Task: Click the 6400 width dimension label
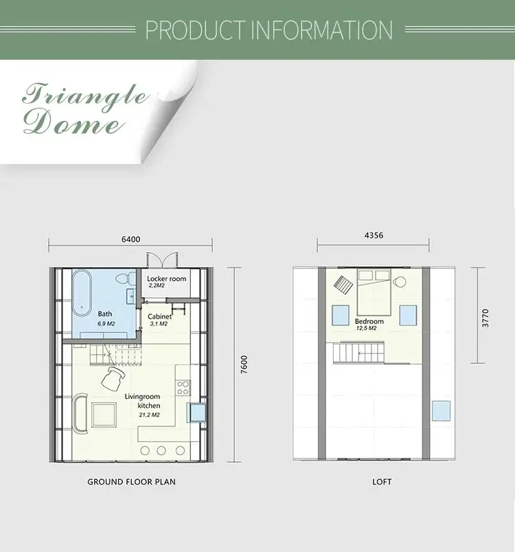point(131,240)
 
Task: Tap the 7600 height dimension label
point(244,365)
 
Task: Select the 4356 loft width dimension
point(374,235)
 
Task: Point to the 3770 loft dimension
point(485,318)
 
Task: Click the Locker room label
point(166,279)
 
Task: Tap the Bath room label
point(105,314)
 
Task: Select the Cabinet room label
point(160,317)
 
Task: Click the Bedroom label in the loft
point(369,321)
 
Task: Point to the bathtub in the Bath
point(82,293)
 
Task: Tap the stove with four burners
point(183,388)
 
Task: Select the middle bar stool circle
point(161,450)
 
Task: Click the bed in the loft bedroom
point(374,292)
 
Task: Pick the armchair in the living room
point(113,378)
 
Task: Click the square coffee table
point(104,415)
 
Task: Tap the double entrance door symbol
point(162,260)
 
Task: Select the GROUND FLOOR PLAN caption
point(131,481)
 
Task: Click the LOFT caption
point(382,481)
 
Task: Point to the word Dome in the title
point(74,122)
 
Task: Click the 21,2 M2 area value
point(149,415)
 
